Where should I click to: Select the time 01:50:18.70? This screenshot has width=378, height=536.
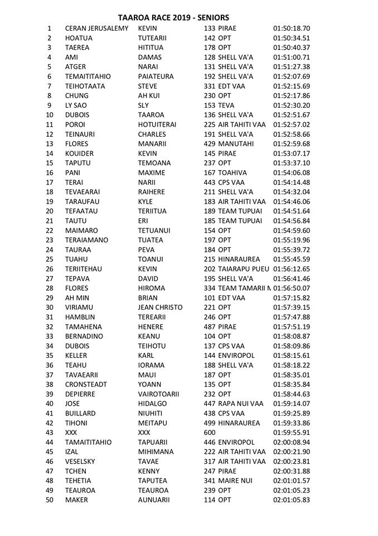(x=292, y=28)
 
